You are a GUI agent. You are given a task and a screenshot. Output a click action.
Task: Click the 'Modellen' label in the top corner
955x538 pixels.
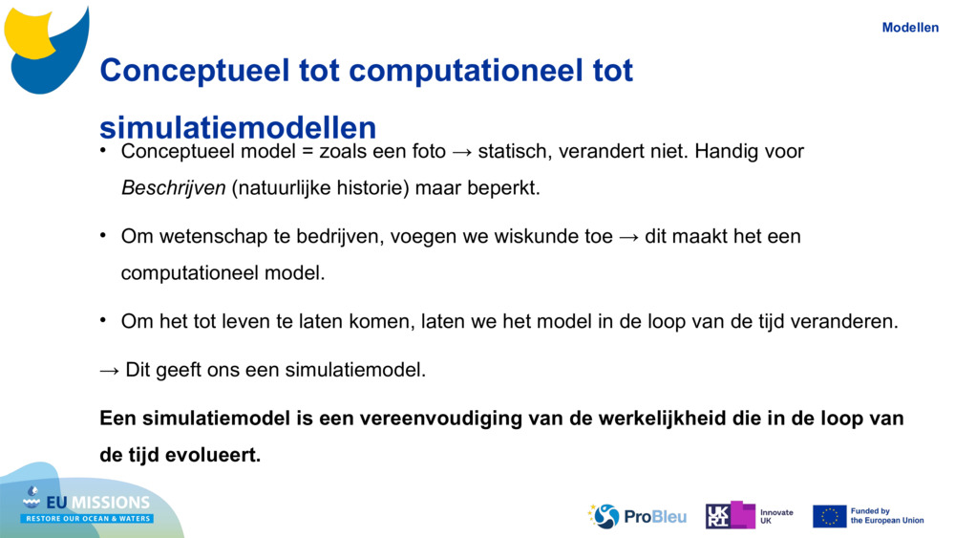[x=910, y=28]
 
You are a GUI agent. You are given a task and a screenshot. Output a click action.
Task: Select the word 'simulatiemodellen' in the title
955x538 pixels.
[x=238, y=127]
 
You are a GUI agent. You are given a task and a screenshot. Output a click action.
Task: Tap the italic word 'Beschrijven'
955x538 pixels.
[x=174, y=187]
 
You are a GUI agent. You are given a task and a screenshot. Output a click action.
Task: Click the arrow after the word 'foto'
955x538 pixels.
[x=462, y=152]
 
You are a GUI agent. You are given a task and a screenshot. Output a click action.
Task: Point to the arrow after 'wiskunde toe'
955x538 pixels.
[x=629, y=237]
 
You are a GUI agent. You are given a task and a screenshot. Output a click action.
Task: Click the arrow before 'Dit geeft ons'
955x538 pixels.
[x=110, y=371]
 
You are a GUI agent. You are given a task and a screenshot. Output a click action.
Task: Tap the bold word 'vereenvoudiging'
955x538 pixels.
[x=440, y=419]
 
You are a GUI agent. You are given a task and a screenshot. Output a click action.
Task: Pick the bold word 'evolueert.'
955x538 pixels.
[x=213, y=455]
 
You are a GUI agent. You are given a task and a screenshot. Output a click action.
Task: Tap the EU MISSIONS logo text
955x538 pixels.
[x=97, y=502]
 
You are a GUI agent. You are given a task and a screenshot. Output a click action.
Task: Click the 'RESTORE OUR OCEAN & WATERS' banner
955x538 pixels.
[x=88, y=519]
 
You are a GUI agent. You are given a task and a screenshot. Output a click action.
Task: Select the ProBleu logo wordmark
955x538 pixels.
[x=655, y=517]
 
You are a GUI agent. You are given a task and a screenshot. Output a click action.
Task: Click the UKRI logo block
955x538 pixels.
[x=731, y=515]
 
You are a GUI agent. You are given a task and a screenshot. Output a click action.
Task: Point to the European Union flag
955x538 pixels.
[x=830, y=516]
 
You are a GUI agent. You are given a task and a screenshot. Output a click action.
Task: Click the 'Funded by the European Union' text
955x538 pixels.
[x=887, y=516]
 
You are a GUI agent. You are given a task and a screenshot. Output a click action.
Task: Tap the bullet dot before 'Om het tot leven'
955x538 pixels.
[x=103, y=319]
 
